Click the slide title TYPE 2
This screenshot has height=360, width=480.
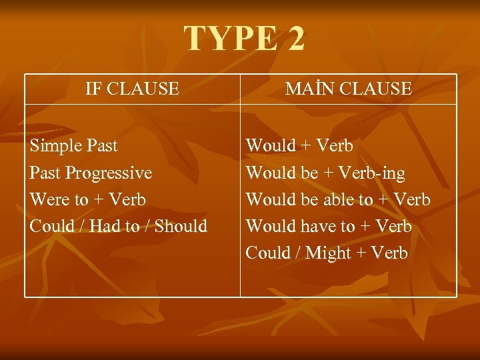tap(244, 39)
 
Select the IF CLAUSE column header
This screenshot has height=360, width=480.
tap(132, 89)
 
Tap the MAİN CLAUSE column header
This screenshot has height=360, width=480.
tap(348, 89)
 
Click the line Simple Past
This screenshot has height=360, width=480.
tap(73, 145)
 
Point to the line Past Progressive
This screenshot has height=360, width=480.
tap(91, 173)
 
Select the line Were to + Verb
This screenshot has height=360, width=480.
tap(87, 199)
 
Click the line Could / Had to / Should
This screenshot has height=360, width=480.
tap(118, 226)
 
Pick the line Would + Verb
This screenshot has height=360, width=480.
tap(299, 145)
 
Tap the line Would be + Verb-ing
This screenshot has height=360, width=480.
tap(325, 173)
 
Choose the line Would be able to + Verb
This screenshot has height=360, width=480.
tap(338, 199)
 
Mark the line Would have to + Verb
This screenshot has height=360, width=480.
tap(329, 226)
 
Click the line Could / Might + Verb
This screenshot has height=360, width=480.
tap(327, 253)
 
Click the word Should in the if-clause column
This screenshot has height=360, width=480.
tap(181, 226)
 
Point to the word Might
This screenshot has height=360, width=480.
tap(327, 253)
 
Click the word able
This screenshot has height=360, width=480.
tap(339, 199)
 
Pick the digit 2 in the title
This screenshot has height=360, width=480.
tap(294, 39)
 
